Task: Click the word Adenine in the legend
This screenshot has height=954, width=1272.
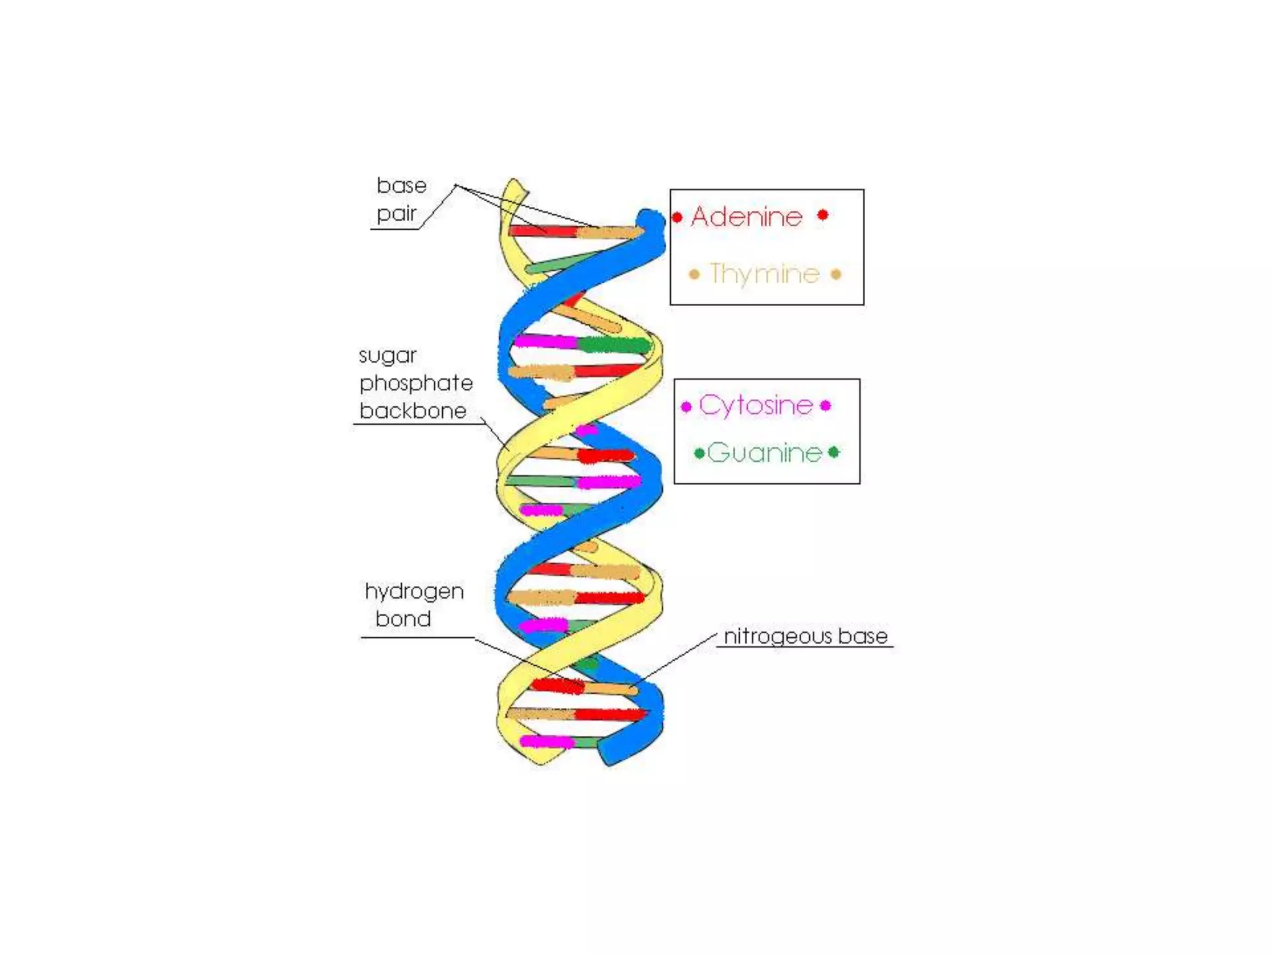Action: [747, 217]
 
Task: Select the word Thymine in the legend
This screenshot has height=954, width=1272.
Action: [765, 274]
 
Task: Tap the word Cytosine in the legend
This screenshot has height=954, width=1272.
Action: [756, 406]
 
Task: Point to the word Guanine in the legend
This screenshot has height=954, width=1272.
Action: [765, 453]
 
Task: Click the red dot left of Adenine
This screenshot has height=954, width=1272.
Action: [677, 217]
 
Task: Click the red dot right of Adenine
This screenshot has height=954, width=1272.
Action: [823, 215]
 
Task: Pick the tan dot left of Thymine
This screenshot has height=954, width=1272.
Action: [694, 274]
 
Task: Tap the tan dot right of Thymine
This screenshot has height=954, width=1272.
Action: [836, 274]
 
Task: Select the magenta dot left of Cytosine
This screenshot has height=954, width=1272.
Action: [686, 407]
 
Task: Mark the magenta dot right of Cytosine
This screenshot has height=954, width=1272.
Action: [825, 406]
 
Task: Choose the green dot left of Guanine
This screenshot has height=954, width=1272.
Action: [699, 453]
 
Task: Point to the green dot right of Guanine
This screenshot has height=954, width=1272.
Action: [834, 452]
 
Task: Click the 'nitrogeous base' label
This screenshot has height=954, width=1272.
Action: [806, 636]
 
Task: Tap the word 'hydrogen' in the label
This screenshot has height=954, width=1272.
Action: [414, 591]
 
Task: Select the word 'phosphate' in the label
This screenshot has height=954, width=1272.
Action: [416, 383]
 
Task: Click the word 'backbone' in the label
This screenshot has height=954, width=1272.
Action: [413, 411]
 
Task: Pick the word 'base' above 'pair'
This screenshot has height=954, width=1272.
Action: [402, 186]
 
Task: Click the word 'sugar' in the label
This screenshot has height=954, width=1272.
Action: [388, 356]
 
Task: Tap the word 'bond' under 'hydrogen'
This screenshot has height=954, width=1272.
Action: [403, 619]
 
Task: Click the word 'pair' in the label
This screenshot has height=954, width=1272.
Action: [397, 214]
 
